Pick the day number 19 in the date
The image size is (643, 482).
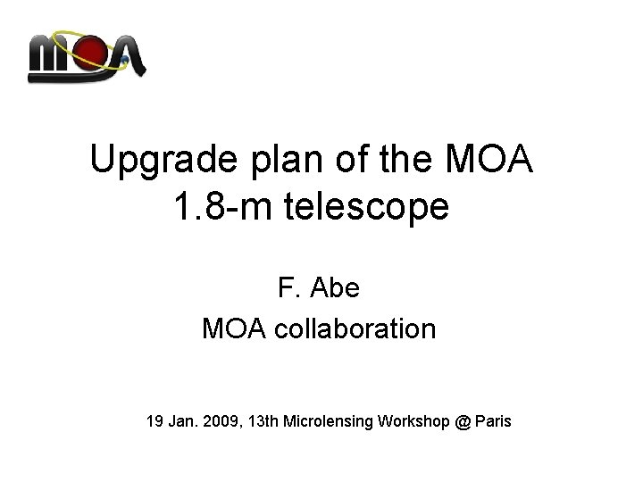pyautogui.click(x=155, y=420)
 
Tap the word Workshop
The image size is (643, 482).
pyautogui.click(x=413, y=420)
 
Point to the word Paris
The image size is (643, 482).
pyautogui.click(x=493, y=420)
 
